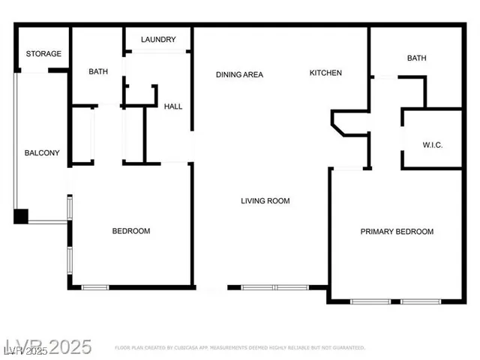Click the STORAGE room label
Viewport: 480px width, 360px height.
[x=43, y=54]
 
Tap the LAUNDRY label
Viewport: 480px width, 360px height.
[x=158, y=40]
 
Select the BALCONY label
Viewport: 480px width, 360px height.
[x=42, y=153]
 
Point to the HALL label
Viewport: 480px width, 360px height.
[x=173, y=106]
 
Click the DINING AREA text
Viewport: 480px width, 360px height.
[x=239, y=74]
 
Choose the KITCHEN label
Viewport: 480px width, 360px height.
[x=325, y=73]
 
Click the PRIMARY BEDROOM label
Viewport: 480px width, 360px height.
[x=397, y=232]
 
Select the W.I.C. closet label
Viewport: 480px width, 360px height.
[x=432, y=145]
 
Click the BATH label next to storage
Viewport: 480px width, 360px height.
[x=98, y=72]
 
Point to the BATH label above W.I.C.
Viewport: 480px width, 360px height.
[x=416, y=58]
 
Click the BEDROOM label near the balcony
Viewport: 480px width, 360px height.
[x=131, y=231]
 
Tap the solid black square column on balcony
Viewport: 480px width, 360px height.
[x=21, y=217]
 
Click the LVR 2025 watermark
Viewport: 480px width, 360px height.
[x=46, y=346]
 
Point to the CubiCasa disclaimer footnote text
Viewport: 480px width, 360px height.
[x=240, y=348]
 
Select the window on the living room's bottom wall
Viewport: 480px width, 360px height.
[x=274, y=286]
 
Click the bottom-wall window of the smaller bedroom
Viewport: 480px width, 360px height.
[x=95, y=286]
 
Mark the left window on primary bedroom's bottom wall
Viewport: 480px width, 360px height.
[x=370, y=301]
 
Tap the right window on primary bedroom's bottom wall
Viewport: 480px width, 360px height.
[x=421, y=301]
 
